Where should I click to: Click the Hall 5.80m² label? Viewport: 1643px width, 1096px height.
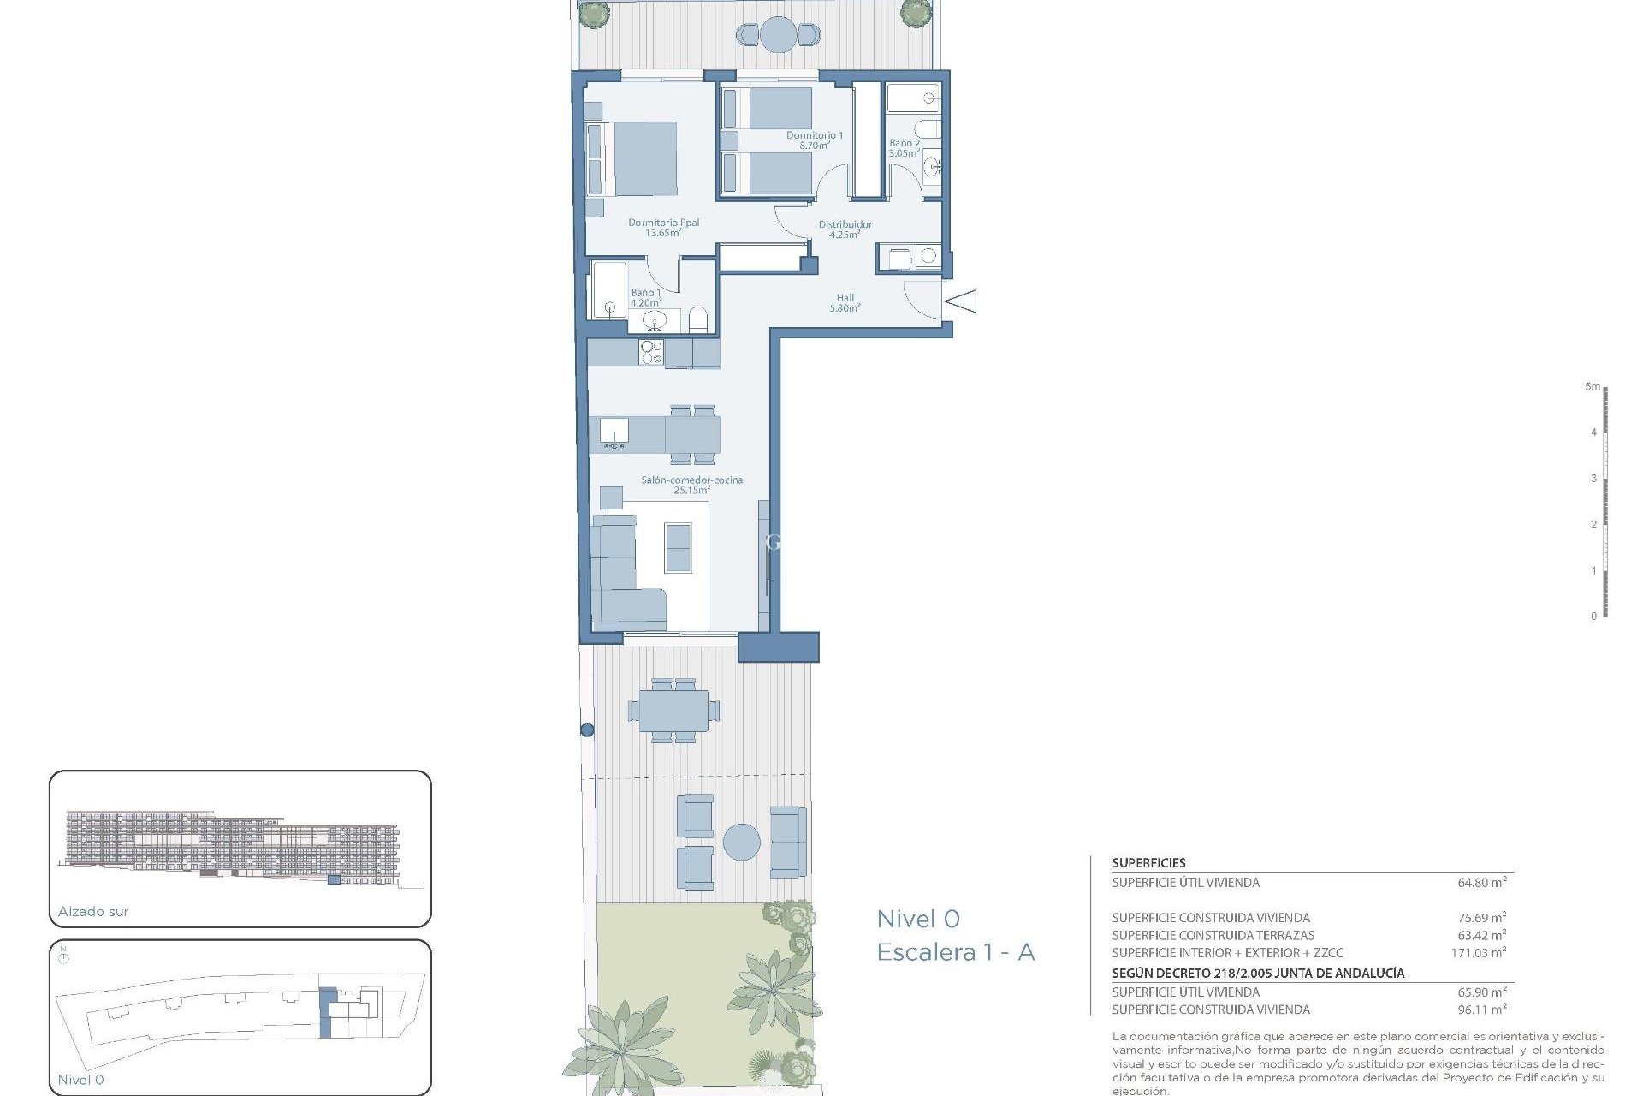845,303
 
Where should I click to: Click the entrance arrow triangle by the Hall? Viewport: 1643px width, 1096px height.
962,301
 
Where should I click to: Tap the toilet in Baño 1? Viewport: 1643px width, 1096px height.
698,320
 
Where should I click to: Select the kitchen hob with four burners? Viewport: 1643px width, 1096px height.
651,352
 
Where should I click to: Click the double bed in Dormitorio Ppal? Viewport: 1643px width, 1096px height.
633,159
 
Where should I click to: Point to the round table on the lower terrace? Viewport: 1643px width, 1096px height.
741,842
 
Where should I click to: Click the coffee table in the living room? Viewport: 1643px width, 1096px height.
678,547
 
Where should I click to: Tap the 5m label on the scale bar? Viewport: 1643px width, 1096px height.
1592,387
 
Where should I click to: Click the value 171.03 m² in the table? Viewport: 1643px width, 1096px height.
1478,952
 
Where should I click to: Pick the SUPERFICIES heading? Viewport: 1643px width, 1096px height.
1148,863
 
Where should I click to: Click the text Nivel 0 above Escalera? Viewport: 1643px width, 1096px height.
917,919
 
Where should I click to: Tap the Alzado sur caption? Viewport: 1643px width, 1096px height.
93,912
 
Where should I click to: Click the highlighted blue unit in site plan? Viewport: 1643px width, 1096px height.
326,1012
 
